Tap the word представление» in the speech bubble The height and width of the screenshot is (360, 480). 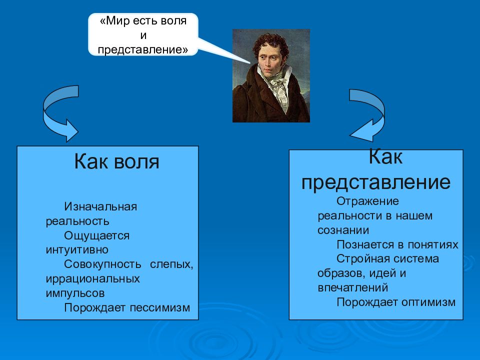tap(143, 50)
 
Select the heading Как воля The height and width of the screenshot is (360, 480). tap(116, 161)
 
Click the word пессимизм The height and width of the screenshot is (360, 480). tap(160, 307)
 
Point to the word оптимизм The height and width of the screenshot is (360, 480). tap(428, 302)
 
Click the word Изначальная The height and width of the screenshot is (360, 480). tap(100, 206)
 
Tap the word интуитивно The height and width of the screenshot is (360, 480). tap(77, 250)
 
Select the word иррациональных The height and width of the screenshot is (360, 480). tap(93, 279)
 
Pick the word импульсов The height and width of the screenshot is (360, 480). tap(75, 293)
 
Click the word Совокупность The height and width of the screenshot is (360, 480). tap(102, 264)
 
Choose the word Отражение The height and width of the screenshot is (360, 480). tap(367, 201)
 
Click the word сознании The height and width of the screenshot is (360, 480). tap(343, 230)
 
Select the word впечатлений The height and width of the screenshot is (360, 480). tap(352, 288)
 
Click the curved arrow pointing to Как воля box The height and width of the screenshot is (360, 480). tap(49, 116)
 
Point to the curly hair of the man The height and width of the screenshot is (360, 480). tap(271, 43)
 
